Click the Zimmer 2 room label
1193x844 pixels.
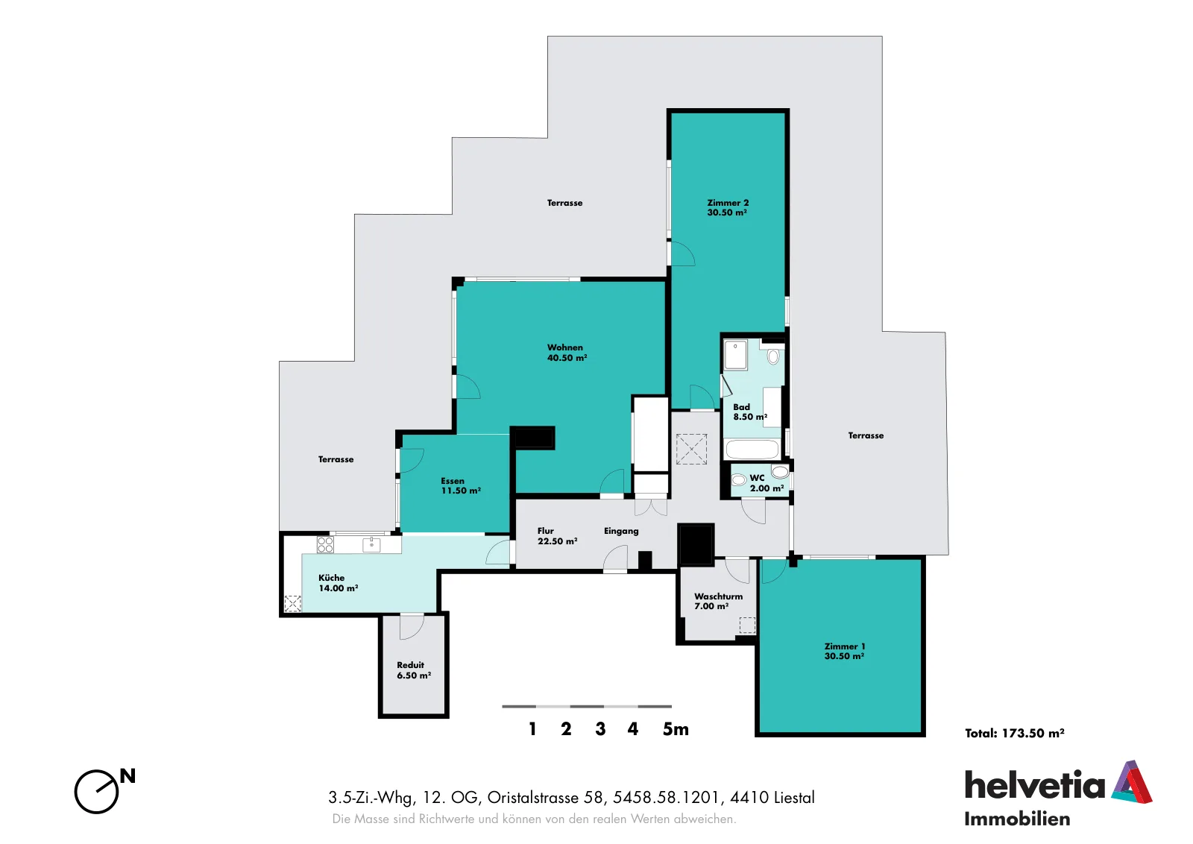pyautogui.click(x=728, y=208)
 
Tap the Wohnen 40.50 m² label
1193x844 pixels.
pyautogui.click(x=567, y=353)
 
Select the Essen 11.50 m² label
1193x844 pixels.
pyautogui.click(x=461, y=485)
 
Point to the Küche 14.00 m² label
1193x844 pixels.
pyautogui.click(x=339, y=582)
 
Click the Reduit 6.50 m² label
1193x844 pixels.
pyautogui.click(x=414, y=670)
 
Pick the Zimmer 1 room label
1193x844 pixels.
pyautogui.click(x=844, y=651)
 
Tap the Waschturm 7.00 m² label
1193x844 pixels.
pyautogui.click(x=718, y=601)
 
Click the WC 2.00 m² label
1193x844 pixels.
pyautogui.click(x=767, y=483)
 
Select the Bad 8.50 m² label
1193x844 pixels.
pyautogui.click(x=750, y=412)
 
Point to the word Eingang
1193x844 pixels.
pyautogui.click(x=621, y=531)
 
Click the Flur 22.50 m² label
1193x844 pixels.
pyautogui.click(x=557, y=535)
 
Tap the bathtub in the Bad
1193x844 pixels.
pyautogui.click(x=752, y=450)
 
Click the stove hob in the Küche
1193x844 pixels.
pyautogui.click(x=325, y=545)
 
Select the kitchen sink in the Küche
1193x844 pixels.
pyautogui.click(x=371, y=544)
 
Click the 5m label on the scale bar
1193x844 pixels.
pyautogui.click(x=676, y=729)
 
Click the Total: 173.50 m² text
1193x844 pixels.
pyautogui.click(x=1015, y=733)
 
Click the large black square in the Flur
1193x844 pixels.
pyautogui.click(x=696, y=544)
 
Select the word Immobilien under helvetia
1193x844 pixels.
pyautogui.click(x=1017, y=819)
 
